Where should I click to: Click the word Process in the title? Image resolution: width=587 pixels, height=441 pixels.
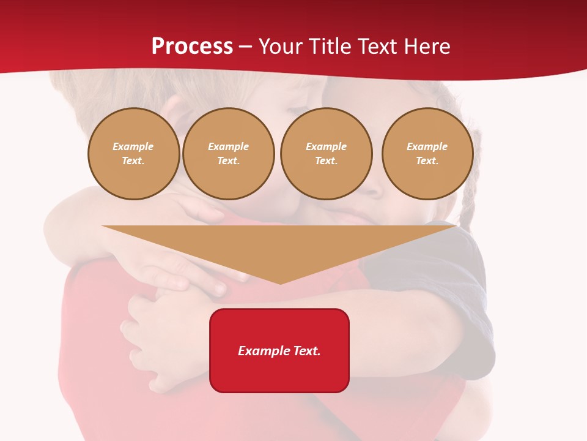click(192, 47)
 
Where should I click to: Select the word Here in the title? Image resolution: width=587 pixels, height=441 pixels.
click(426, 47)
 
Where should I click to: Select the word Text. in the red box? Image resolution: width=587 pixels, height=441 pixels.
click(305, 351)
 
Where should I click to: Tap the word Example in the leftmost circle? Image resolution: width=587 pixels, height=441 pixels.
click(133, 146)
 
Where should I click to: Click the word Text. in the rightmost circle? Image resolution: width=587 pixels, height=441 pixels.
click(427, 160)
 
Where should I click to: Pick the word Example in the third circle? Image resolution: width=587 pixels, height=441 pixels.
click(326, 146)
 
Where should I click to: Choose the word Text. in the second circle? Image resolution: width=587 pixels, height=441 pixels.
click(228, 160)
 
